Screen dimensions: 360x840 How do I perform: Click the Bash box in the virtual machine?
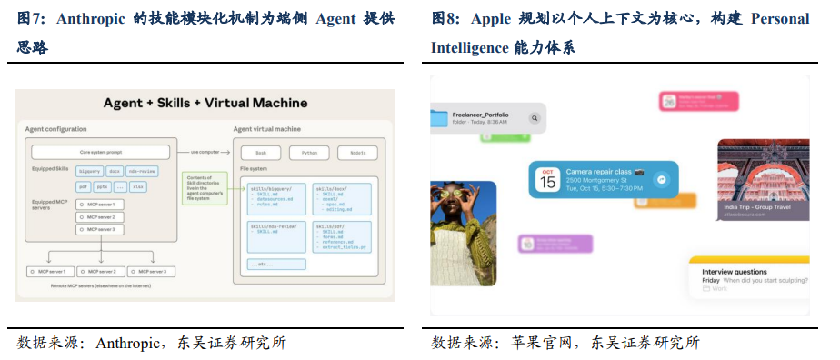(261, 154)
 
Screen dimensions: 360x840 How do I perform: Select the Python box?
(309, 154)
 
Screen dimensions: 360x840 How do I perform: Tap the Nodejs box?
(357, 154)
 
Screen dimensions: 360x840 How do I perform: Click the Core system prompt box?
(100, 152)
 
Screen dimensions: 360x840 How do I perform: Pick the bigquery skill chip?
(90, 170)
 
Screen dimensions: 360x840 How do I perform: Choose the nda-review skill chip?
(142, 170)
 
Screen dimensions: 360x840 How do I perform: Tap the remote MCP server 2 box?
(101, 272)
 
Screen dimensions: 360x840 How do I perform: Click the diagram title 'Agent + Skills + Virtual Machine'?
(205, 103)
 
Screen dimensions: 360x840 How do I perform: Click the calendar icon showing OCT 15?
(547, 178)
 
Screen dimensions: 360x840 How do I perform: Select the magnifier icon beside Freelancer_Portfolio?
(535, 117)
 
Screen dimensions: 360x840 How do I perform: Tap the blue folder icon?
(440, 117)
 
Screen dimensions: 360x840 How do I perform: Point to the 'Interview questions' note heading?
(735, 270)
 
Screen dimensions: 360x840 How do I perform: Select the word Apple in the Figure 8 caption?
(491, 19)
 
